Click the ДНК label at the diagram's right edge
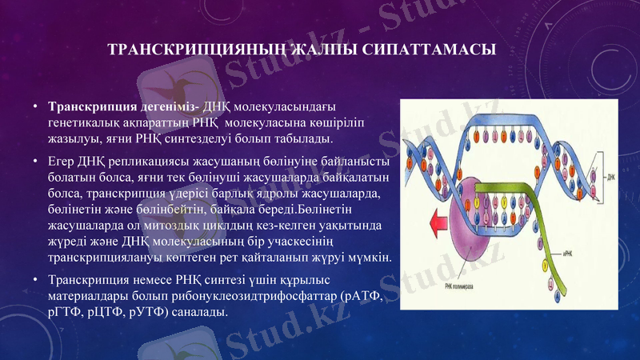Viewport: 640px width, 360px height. point(610,176)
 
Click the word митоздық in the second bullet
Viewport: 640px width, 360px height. point(166,227)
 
